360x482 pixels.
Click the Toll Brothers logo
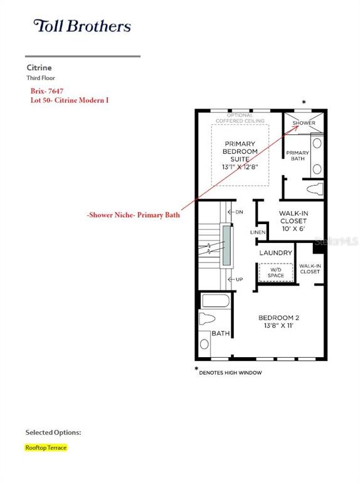click(x=82, y=26)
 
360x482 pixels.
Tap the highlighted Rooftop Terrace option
click(x=46, y=447)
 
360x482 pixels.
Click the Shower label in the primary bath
click(x=304, y=122)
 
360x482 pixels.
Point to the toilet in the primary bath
click(x=315, y=189)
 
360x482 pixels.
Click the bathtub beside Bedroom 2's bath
click(x=216, y=301)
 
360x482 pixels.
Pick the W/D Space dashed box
click(x=275, y=272)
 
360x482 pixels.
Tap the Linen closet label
click(x=258, y=232)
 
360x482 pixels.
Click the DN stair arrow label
click(x=236, y=212)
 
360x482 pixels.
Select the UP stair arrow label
click(x=236, y=279)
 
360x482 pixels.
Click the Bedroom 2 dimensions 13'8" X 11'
click(x=278, y=325)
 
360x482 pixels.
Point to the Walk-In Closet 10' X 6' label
click(x=294, y=221)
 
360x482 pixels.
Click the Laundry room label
click(x=275, y=253)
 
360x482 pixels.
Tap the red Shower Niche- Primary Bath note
click(x=134, y=215)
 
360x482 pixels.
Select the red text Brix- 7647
click(x=47, y=91)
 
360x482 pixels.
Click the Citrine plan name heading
click(x=39, y=68)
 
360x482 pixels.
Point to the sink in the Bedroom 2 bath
click(x=204, y=344)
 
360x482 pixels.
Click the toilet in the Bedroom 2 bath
click(x=207, y=318)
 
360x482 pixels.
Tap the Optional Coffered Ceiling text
click(x=240, y=118)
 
